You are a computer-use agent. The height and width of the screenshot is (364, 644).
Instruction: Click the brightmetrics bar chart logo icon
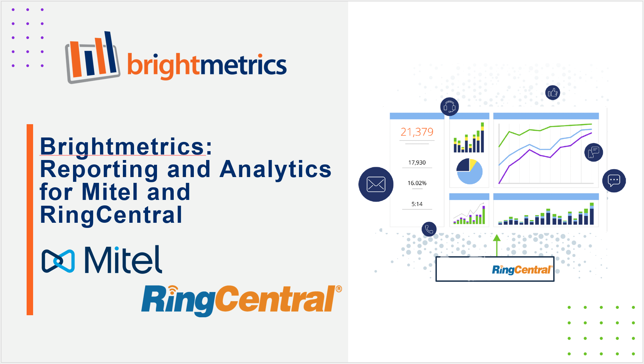pos(92,57)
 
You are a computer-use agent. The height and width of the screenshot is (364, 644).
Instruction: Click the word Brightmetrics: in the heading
pos(126,146)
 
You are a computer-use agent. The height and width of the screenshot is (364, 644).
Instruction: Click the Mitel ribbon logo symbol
pos(58,261)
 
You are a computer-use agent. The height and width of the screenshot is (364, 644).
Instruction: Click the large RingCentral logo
pos(242,301)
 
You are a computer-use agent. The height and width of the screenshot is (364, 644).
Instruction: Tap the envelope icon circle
pos(376,184)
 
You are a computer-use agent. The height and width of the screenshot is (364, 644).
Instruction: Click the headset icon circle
pos(449,107)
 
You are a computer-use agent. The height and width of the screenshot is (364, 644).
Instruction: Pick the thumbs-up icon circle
pos(553,92)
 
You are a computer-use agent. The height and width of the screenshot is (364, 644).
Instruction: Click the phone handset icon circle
pos(429,229)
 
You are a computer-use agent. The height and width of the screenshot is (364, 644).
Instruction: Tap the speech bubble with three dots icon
pos(614,180)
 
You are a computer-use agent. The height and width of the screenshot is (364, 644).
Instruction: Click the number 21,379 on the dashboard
pos(417,132)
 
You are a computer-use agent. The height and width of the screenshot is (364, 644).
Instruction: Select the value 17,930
pos(417,162)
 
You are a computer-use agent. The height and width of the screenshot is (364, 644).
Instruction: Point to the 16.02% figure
pos(417,183)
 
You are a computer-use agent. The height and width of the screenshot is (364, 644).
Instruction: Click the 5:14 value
pos(417,204)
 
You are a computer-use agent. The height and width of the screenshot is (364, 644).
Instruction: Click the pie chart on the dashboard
pos(470,171)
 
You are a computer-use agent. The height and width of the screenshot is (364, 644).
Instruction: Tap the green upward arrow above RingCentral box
pos(497,245)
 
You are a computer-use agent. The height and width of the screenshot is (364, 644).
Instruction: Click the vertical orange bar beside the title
pos(30,219)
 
